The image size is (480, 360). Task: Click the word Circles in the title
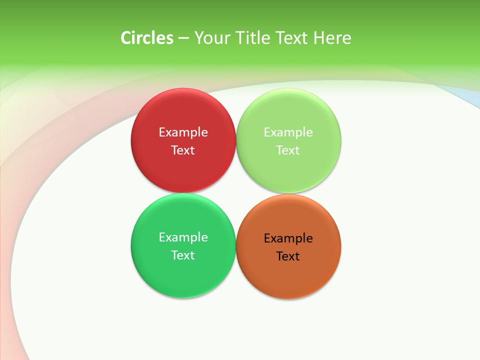click(x=147, y=38)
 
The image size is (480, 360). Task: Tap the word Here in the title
click(x=332, y=38)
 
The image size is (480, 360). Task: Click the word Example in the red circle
click(x=183, y=132)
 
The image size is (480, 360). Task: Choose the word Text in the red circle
click(x=183, y=150)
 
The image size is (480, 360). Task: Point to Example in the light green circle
click(x=288, y=132)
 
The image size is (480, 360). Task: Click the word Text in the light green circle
click(x=288, y=150)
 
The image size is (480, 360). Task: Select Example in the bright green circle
click(x=183, y=237)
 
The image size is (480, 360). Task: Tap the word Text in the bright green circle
click(x=183, y=255)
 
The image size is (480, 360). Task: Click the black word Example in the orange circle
click(x=288, y=238)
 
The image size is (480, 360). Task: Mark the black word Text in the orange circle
click(x=288, y=256)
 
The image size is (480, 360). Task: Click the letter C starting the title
click(x=125, y=38)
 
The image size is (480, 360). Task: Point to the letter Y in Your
click(x=198, y=38)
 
